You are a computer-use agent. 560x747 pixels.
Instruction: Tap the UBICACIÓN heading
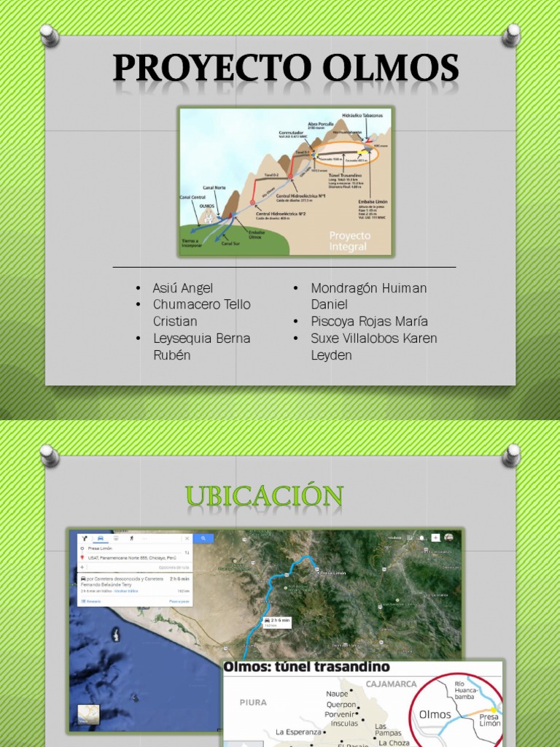point(265,497)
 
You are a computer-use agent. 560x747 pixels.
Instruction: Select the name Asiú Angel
point(182,288)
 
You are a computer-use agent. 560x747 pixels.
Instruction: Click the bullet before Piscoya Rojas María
point(296,322)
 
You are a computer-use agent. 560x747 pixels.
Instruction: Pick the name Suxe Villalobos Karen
point(373,338)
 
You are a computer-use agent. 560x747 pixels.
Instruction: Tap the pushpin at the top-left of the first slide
point(50,34)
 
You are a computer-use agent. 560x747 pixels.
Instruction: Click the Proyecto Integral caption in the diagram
point(349,241)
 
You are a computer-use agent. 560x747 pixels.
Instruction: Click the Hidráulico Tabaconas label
point(362,115)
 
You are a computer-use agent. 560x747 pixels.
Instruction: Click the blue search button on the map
point(203,538)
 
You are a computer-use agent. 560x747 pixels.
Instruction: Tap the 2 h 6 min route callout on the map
point(277,622)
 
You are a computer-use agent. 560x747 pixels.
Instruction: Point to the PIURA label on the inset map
point(254,702)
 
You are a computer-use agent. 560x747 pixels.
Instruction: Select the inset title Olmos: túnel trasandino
point(306,667)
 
